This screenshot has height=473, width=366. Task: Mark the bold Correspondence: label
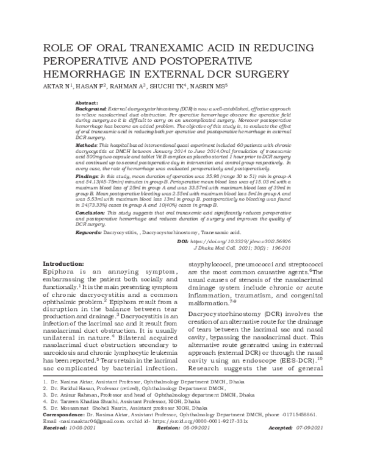click(65, 430)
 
